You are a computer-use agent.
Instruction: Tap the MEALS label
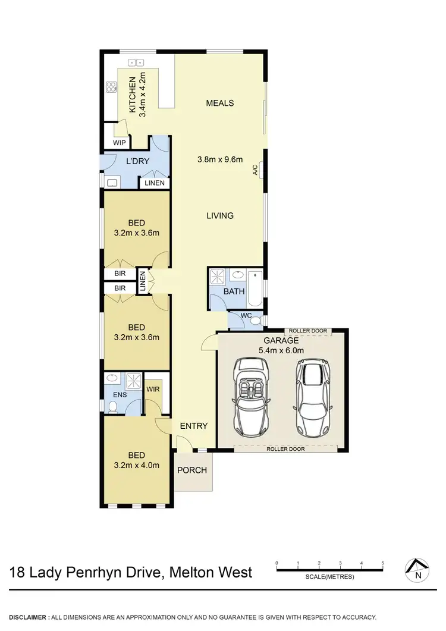[219, 103]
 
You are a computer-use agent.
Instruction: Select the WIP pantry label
[120, 143]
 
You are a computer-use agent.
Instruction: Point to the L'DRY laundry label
[137, 161]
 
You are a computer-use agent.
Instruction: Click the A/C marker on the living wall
[255, 170]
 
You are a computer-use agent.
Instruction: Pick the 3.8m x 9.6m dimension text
[220, 159]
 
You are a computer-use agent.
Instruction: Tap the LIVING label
[220, 215]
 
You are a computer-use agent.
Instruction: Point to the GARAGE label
[281, 341]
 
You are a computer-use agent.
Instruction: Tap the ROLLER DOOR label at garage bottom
[287, 449]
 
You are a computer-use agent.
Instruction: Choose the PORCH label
[193, 470]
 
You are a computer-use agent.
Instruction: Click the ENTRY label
[194, 426]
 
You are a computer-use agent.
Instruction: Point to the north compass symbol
[418, 570]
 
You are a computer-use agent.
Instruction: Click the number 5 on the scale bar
[383, 563]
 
